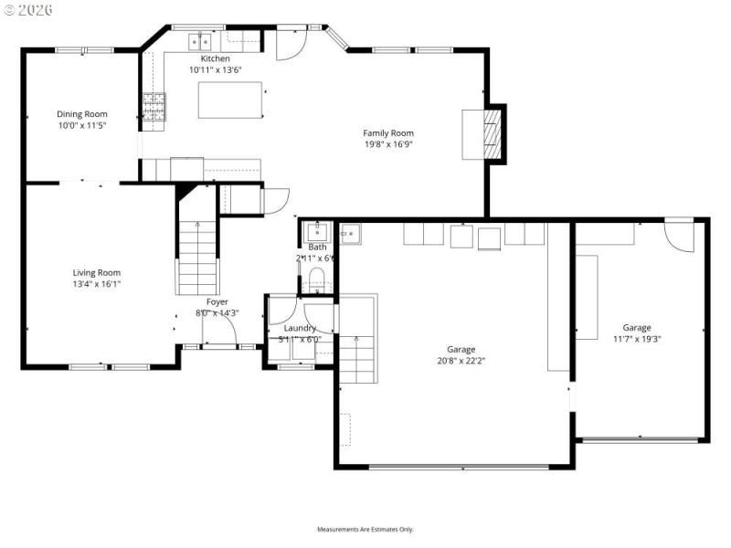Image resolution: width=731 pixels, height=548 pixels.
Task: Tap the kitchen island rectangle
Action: coord(230,100)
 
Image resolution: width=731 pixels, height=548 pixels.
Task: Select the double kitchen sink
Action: coord(200,41)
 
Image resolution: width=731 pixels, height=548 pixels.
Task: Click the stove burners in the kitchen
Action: coord(153,107)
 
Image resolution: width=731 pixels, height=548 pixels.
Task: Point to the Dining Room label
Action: coord(82,114)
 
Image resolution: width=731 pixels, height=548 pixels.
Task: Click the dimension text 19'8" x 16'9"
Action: coord(388,144)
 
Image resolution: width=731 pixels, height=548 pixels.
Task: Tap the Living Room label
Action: coord(97,272)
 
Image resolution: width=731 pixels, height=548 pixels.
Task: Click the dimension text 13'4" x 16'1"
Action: coord(97,284)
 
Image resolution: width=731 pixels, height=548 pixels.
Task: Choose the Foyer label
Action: coord(217,301)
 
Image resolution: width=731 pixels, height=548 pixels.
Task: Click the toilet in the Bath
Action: coord(317,279)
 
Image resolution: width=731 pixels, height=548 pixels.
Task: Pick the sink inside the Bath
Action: coord(316,232)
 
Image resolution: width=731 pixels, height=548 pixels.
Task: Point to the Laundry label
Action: coord(300,328)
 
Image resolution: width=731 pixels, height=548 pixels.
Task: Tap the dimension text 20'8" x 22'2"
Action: coord(461,360)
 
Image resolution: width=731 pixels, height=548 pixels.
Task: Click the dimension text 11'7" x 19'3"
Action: coord(637,338)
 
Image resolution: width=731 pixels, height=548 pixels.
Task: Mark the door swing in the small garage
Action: coord(678,235)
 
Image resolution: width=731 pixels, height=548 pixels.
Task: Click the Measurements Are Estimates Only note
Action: coord(365,530)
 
